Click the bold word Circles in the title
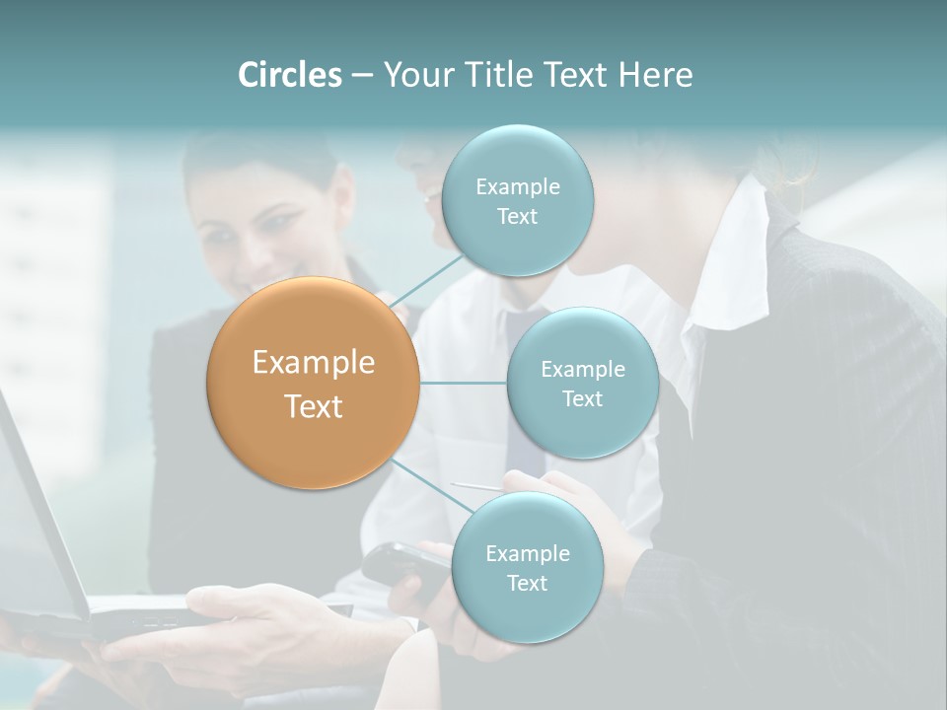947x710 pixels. point(289,75)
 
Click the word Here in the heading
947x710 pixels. point(655,75)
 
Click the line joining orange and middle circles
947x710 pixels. point(464,383)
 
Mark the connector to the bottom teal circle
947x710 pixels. point(430,487)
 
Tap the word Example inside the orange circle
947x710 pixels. point(314,363)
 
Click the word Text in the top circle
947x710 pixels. point(517,217)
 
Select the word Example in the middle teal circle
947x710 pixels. point(582,370)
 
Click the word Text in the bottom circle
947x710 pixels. point(527,584)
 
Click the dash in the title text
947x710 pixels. point(361,75)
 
